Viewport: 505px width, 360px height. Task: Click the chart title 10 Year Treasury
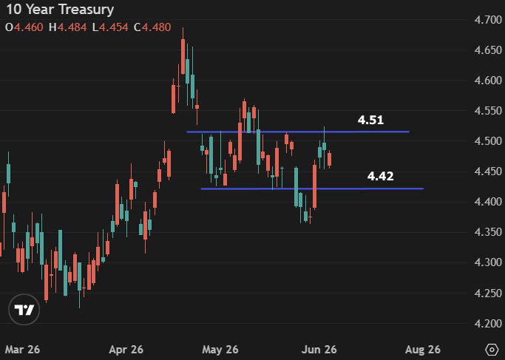[x=60, y=10]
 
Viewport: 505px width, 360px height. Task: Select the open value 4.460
[x=28, y=27]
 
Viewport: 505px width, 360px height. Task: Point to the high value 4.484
[x=72, y=27]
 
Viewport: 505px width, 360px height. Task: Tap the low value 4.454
[x=113, y=27]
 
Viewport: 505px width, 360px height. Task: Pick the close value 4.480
[x=156, y=27]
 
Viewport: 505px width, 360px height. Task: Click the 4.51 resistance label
[x=370, y=120]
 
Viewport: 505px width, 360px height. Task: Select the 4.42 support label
[x=380, y=176]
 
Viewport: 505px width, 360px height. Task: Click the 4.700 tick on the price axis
[x=488, y=20]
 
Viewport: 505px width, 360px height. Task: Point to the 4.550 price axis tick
[x=488, y=111]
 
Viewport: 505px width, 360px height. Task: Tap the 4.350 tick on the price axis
[x=488, y=232]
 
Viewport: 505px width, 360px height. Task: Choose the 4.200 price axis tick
[x=488, y=323]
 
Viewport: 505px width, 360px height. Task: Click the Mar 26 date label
[x=22, y=350]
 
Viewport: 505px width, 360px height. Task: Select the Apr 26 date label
[x=126, y=350]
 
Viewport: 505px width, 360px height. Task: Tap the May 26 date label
[x=220, y=350]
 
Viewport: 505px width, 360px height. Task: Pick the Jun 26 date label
[x=319, y=350]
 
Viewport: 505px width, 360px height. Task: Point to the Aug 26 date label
[x=422, y=350]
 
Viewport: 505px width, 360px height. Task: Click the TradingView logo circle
[x=24, y=310]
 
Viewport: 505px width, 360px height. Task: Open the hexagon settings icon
[x=492, y=350]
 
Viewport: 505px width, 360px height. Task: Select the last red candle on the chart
[x=330, y=160]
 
